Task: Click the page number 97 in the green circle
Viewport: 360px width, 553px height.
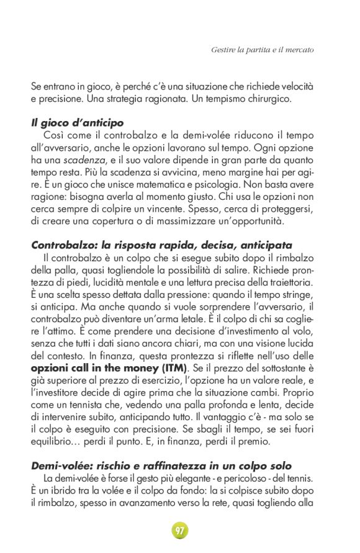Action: click(x=180, y=531)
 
